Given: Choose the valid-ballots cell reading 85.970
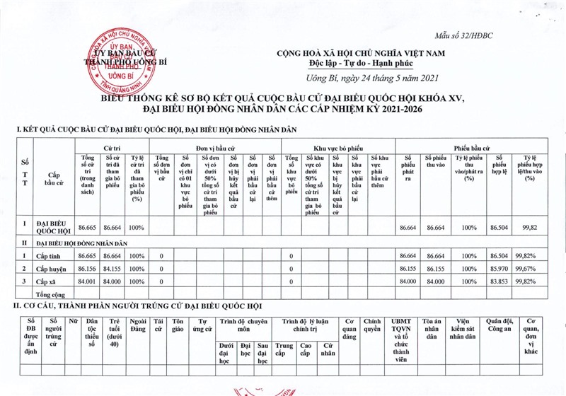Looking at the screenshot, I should [499, 269].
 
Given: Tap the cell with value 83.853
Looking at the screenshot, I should [499, 281].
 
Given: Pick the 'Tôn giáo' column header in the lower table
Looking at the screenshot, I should [178, 325].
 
